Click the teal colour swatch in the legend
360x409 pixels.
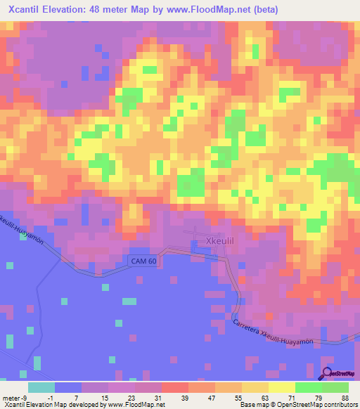pyautogui.click(x=41, y=387)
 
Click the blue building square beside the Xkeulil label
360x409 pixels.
pyautogui.click(x=195, y=245)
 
